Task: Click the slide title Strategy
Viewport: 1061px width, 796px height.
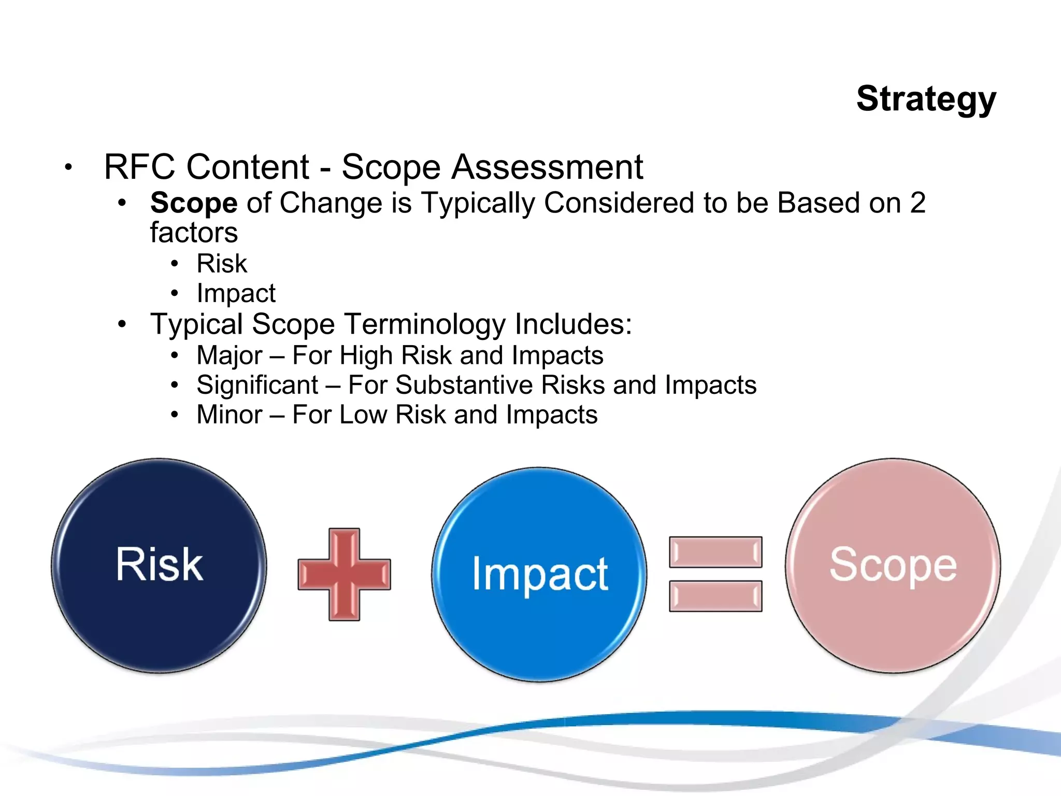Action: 926,99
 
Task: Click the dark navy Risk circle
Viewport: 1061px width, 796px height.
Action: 159,565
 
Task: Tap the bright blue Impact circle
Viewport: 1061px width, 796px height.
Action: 539,574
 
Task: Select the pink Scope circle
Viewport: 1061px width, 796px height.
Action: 893,565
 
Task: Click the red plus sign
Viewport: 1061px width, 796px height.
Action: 344,574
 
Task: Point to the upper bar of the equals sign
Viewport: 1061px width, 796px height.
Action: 715,552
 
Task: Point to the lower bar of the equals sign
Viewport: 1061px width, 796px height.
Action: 715,596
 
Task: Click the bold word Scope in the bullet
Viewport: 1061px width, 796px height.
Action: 194,203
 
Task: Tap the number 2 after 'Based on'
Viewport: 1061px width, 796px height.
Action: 917,203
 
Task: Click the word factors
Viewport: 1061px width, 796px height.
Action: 194,233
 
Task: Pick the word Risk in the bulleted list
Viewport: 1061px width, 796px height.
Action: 222,263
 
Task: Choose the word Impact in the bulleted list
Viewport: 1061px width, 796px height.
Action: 236,294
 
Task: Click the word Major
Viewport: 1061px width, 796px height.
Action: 230,356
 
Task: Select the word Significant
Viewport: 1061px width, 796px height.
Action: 257,385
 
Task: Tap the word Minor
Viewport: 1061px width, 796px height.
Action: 230,415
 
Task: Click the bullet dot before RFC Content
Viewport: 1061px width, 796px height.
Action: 68,167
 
